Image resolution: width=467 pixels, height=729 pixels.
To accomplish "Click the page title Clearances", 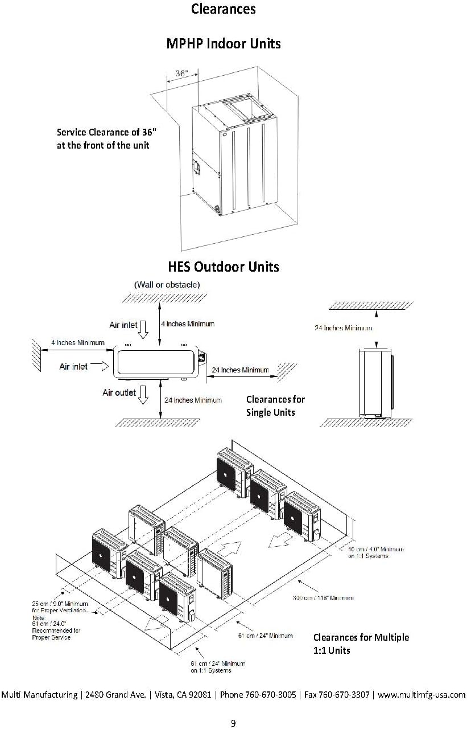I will point(224,9).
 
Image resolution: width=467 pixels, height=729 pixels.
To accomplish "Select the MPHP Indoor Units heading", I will point(224,43).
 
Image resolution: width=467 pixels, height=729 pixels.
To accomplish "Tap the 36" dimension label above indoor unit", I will point(181,73).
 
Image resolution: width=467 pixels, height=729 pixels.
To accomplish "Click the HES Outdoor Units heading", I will point(224,267).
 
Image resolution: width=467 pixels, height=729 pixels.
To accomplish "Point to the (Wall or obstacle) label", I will point(167,284).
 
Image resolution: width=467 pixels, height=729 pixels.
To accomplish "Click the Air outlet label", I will point(119,392).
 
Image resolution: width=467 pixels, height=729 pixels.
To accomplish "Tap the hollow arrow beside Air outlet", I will point(143,395).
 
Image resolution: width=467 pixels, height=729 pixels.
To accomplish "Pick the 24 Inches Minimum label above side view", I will point(344,328).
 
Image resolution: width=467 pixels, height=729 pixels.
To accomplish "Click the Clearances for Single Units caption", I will point(275,406).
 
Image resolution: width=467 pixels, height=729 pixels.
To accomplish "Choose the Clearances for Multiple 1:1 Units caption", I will point(361,644).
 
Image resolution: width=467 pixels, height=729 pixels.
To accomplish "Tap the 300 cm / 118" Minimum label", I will point(323,597).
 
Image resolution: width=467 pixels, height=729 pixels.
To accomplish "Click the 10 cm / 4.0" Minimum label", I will point(376,552).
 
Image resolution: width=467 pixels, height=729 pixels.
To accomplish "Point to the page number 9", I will point(233,723).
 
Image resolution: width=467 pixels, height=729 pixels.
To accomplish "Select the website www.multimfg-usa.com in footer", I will point(421,695).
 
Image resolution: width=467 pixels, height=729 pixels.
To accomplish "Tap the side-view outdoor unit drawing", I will point(374,383).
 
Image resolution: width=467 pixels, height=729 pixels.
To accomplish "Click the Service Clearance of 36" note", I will point(106,138).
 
